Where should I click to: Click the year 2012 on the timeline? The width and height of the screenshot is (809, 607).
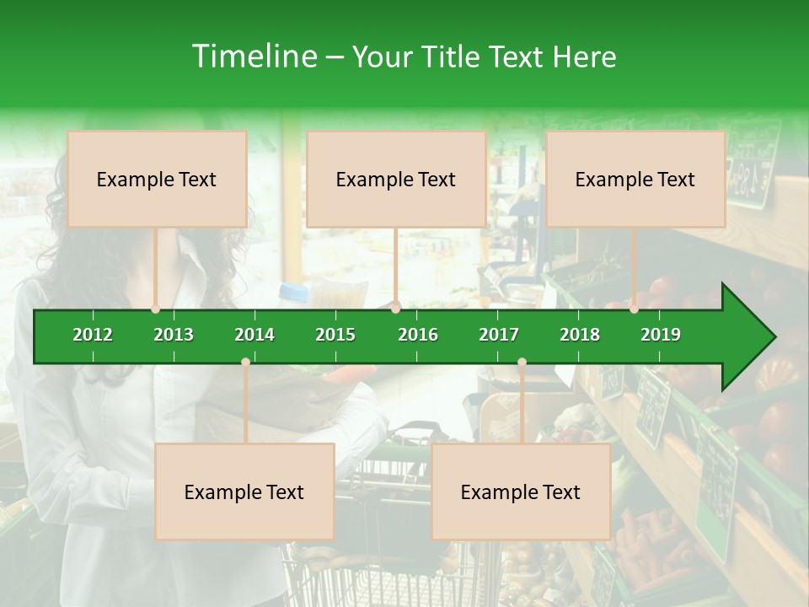pos(93,335)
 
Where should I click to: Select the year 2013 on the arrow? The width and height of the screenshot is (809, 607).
pos(174,335)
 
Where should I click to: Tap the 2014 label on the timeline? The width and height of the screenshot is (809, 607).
pos(254,335)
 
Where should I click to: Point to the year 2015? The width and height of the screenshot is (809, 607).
pos(335,335)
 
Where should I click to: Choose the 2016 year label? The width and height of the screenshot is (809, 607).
pos(418,335)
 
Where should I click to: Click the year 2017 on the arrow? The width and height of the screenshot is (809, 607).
pos(499,335)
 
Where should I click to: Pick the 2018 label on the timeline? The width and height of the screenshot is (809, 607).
pos(580,335)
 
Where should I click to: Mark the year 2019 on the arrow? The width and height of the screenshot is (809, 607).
pos(661,335)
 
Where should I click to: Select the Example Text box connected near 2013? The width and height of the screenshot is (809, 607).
pos(157,179)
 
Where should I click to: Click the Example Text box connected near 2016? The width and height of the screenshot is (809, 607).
pos(396,179)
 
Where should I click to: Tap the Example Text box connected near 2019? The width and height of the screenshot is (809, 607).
pos(635,179)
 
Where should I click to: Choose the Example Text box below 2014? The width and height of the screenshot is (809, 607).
pos(244,492)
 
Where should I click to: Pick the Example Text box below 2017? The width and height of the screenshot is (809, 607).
pos(521,492)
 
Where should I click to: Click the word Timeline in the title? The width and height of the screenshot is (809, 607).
pos(253,56)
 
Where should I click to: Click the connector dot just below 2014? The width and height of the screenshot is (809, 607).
pos(245,363)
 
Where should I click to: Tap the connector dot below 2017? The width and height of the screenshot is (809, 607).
pos(522,363)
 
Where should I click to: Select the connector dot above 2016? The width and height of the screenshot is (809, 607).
pos(396,309)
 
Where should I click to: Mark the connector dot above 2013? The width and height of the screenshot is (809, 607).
pos(156,309)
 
